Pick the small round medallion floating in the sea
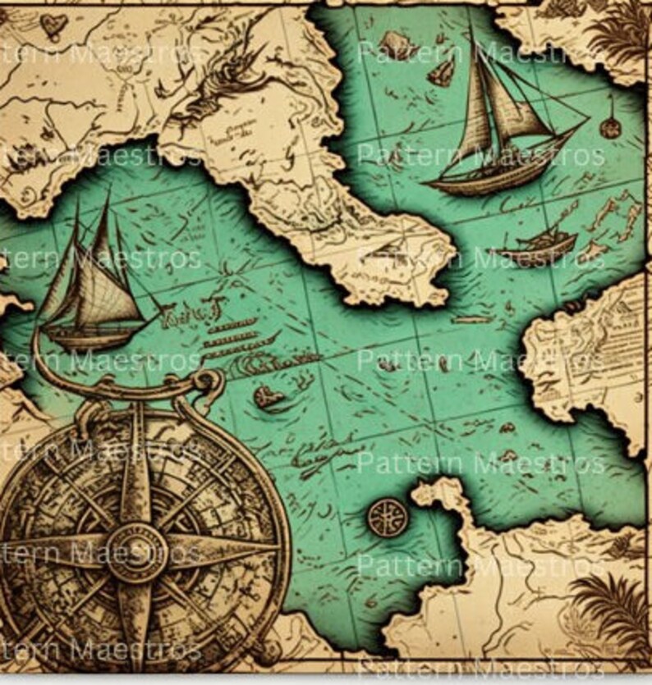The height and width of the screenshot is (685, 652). point(387,517)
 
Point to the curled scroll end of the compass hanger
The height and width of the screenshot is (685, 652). point(209,381)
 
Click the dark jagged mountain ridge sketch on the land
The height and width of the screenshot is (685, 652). point(205,90)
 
